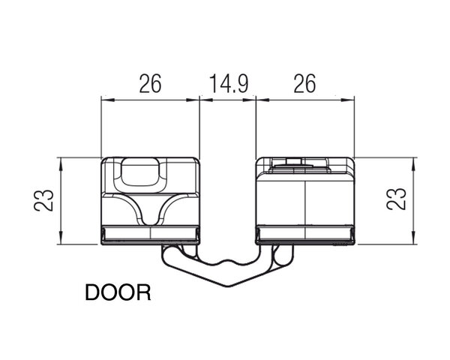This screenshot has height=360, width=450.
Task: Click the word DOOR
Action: coord(118,292)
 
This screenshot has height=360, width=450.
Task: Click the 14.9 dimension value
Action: coord(228,83)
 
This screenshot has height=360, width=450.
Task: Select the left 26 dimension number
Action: coord(151,83)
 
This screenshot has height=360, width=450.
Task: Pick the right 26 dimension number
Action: coord(304,83)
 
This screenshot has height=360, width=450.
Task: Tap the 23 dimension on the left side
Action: coord(44,200)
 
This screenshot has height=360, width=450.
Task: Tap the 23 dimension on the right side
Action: coord(396,199)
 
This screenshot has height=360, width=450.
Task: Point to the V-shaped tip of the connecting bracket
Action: coord(229,286)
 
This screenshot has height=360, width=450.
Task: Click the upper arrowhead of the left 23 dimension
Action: coord(61,164)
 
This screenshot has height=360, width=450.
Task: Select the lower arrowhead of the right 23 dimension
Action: coord(413,238)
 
